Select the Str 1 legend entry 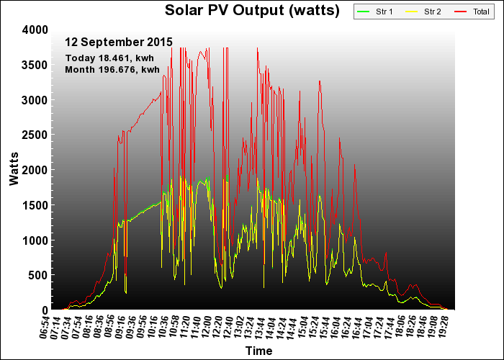coord(375,12)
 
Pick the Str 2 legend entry coord(423,12)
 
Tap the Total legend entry coord(472,12)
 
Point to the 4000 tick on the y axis coord(35,30)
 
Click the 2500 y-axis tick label coord(35,135)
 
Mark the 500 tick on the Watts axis coord(38,275)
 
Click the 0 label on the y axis coord(45,310)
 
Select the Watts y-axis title coord(14,169)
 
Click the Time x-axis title coord(258,351)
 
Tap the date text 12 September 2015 coord(119,42)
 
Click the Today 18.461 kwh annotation coord(109,58)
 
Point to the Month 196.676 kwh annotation coord(112,69)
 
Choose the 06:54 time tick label coord(45,327)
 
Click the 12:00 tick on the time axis coord(207,327)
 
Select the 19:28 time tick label coord(444,327)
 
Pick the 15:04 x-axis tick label coord(304,327)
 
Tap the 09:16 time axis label coord(120,327)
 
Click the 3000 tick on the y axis coord(35,100)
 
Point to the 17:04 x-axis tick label coord(369,327)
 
